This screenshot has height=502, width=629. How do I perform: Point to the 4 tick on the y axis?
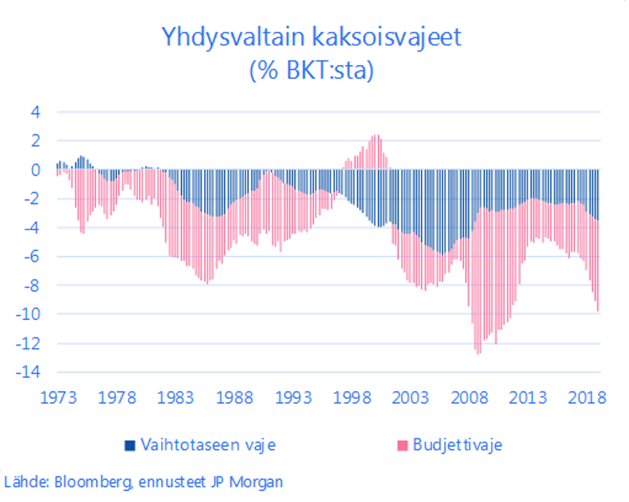pos(35,112)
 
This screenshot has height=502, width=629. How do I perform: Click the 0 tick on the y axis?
pos(35,170)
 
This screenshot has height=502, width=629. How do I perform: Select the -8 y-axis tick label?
pos(32,286)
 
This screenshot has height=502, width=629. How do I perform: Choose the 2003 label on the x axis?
pos(411,398)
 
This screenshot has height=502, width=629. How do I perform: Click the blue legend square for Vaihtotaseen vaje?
pos(130,445)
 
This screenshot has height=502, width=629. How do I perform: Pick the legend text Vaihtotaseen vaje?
pos(208,445)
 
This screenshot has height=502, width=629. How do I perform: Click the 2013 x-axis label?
pos(528,398)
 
